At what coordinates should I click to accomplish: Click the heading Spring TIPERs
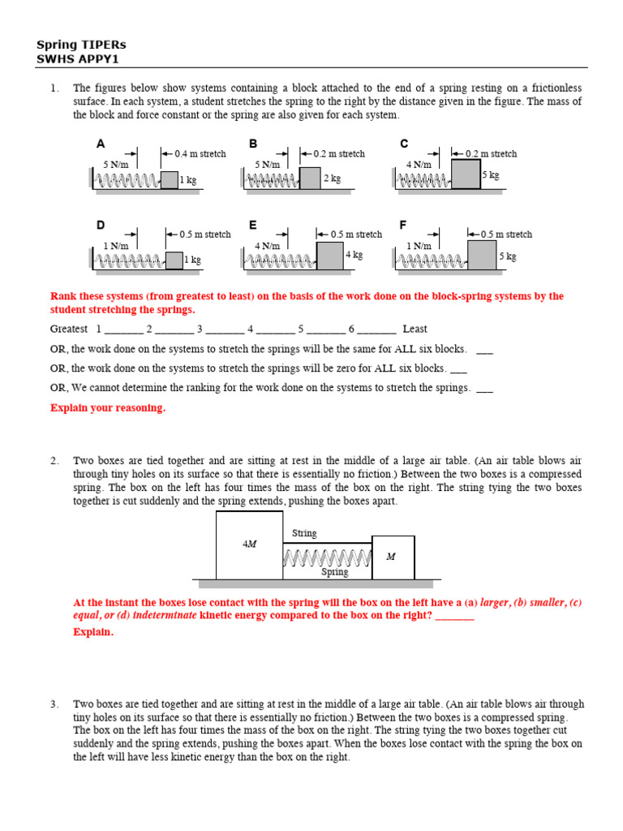click(81, 45)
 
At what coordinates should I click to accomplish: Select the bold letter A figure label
click(101, 144)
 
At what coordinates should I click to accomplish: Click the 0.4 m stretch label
click(200, 153)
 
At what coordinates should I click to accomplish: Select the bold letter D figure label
click(101, 225)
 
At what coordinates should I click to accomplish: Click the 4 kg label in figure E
click(354, 255)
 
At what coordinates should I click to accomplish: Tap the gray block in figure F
click(482, 255)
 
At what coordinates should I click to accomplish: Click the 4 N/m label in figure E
click(268, 246)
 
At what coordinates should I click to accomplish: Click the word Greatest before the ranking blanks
click(69, 329)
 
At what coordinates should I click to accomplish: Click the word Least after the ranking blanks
click(415, 329)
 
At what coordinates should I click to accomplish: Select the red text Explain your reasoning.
click(108, 408)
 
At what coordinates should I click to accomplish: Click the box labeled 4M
click(249, 545)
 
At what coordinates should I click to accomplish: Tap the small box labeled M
click(393, 557)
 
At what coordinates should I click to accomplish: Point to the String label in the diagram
click(304, 533)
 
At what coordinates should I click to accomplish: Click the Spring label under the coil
click(334, 572)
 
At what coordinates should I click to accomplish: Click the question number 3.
click(54, 704)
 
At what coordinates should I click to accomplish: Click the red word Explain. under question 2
click(93, 632)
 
